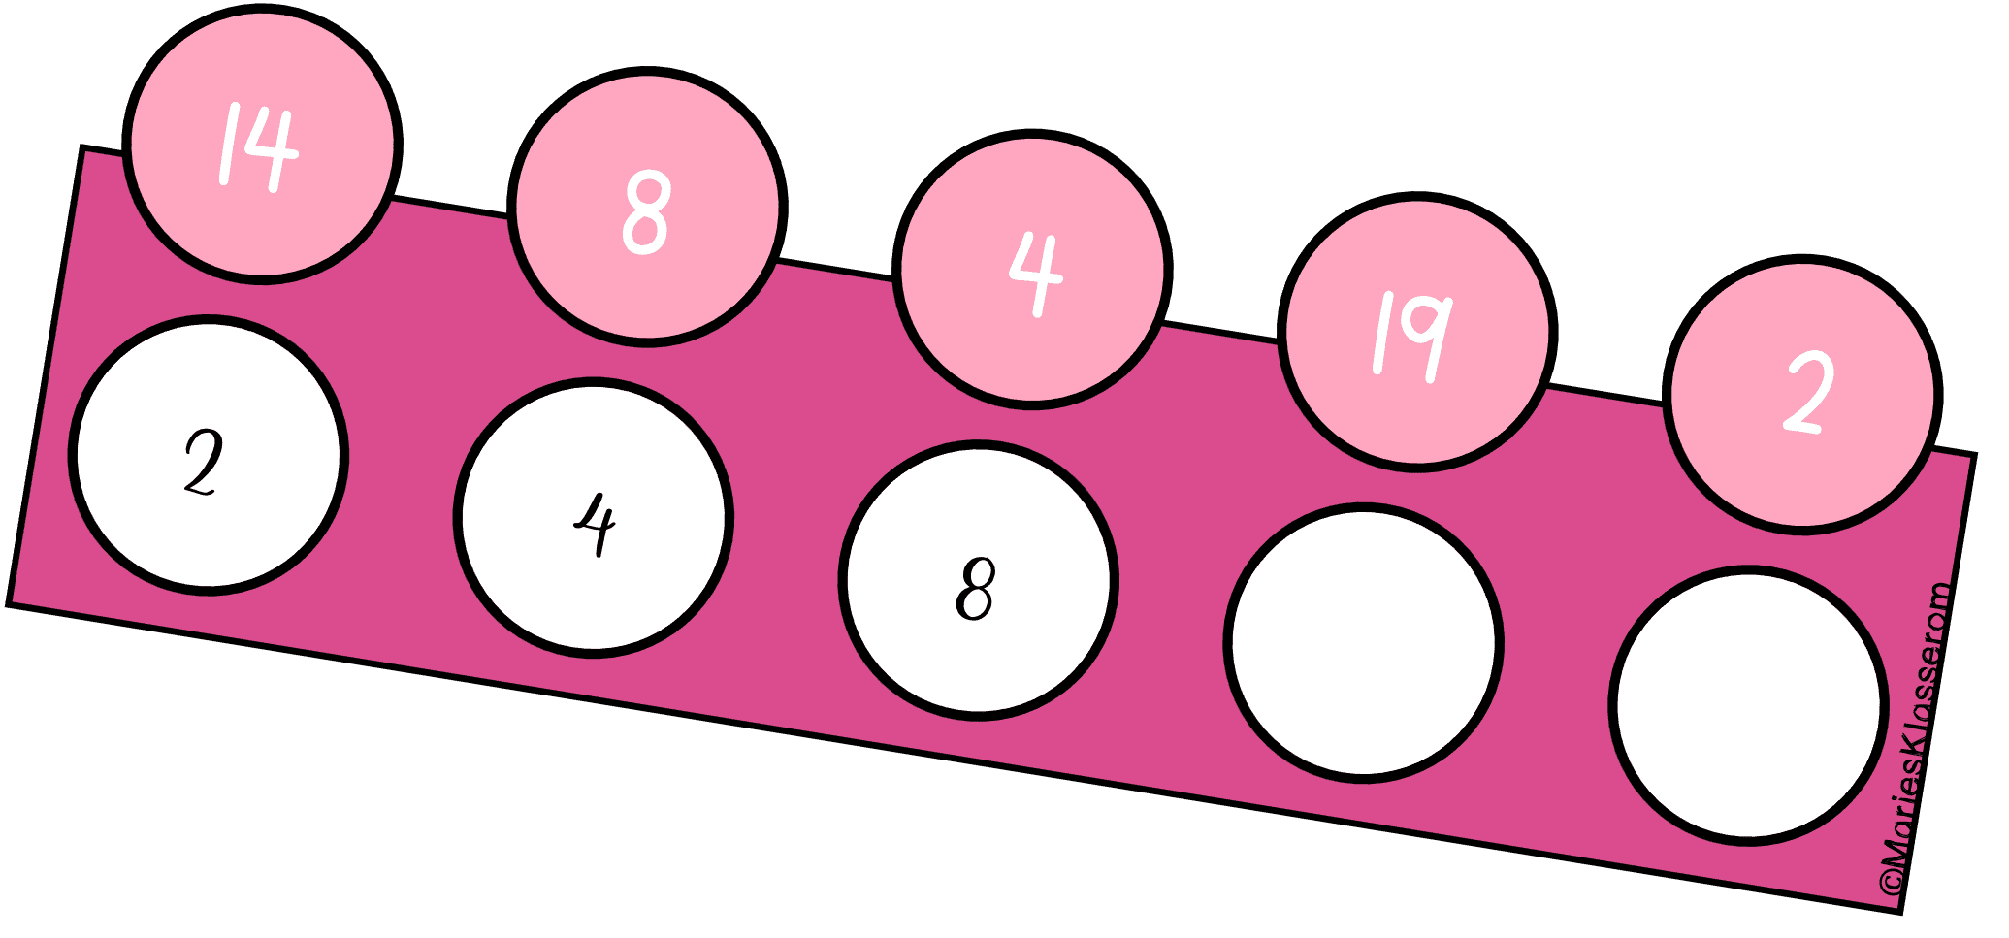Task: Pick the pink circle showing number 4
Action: [x=1032, y=270]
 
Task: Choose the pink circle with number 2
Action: [x=1803, y=394]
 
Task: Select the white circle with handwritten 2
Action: [x=209, y=455]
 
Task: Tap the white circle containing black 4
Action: [x=594, y=517]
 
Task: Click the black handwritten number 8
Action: [x=975, y=588]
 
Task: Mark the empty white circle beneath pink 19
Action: [x=1363, y=641]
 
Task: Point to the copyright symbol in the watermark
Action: [x=1891, y=884]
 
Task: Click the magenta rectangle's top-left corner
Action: [x=83, y=148]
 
